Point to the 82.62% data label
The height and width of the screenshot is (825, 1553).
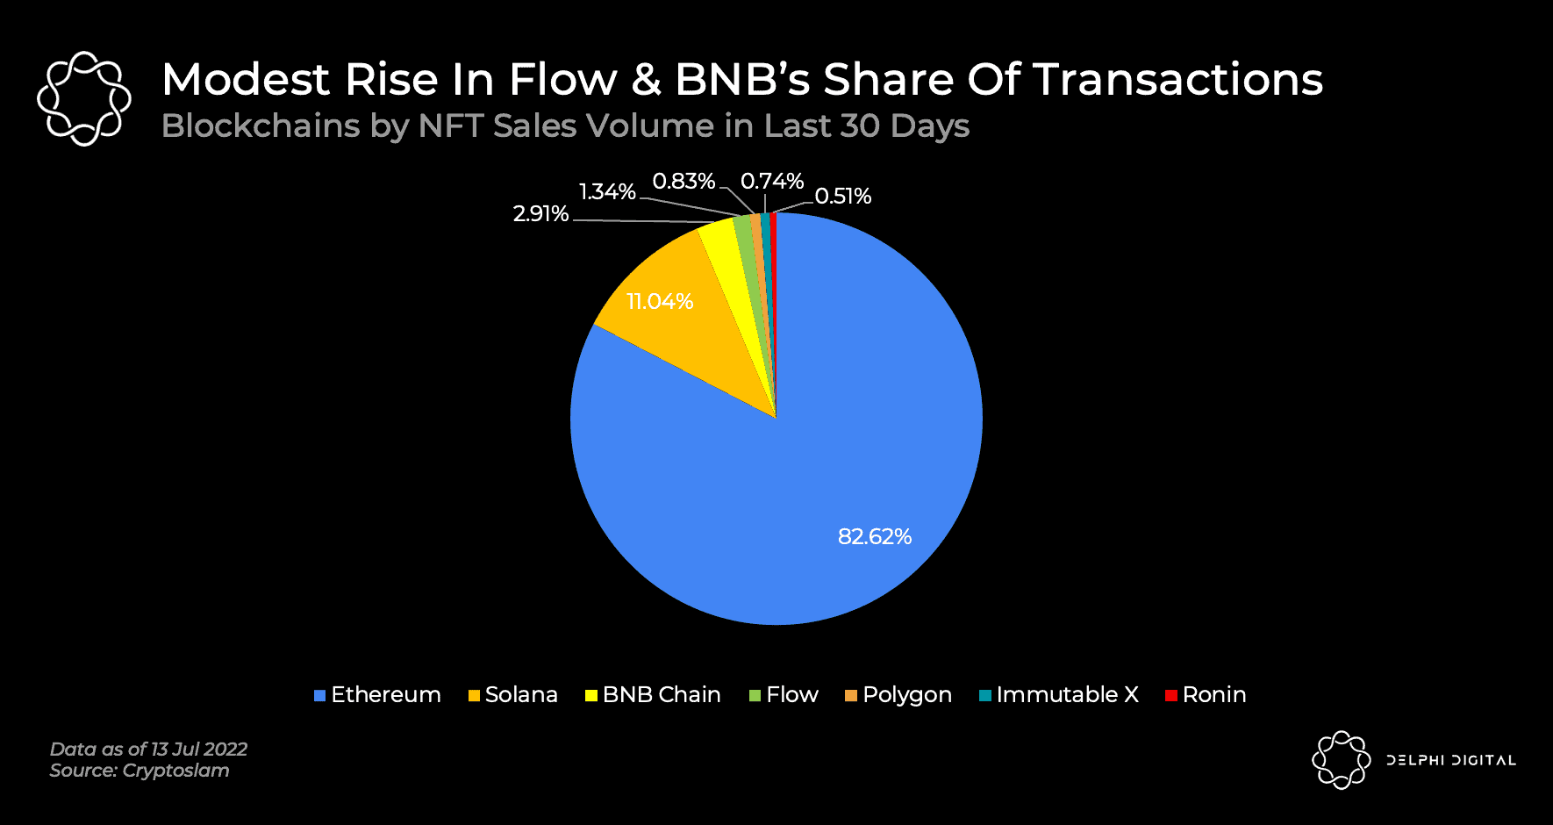coord(875,536)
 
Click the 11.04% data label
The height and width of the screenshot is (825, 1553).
coord(660,302)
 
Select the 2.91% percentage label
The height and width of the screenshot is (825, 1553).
coord(540,214)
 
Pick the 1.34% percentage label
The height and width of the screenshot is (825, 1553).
coord(607,192)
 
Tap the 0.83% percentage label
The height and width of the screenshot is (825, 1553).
coord(683,182)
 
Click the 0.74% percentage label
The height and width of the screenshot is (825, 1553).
coord(772,182)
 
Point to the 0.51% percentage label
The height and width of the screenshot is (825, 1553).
coord(842,197)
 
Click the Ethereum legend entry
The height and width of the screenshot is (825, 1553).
coord(377,695)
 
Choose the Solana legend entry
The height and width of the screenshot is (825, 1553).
coord(513,695)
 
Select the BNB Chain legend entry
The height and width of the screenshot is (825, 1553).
coord(653,695)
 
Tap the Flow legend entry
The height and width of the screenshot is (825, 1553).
coord(784,695)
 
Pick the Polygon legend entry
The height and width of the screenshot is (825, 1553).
coord(898,695)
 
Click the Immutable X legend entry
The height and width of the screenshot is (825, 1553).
coord(1059,695)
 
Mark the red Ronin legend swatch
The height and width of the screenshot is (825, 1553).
coord(1170,696)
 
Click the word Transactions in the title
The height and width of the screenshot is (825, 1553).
coord(1177,80)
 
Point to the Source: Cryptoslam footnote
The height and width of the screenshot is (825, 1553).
coord(140,771)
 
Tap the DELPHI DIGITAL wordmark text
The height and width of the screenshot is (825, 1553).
coord(1450,760)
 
